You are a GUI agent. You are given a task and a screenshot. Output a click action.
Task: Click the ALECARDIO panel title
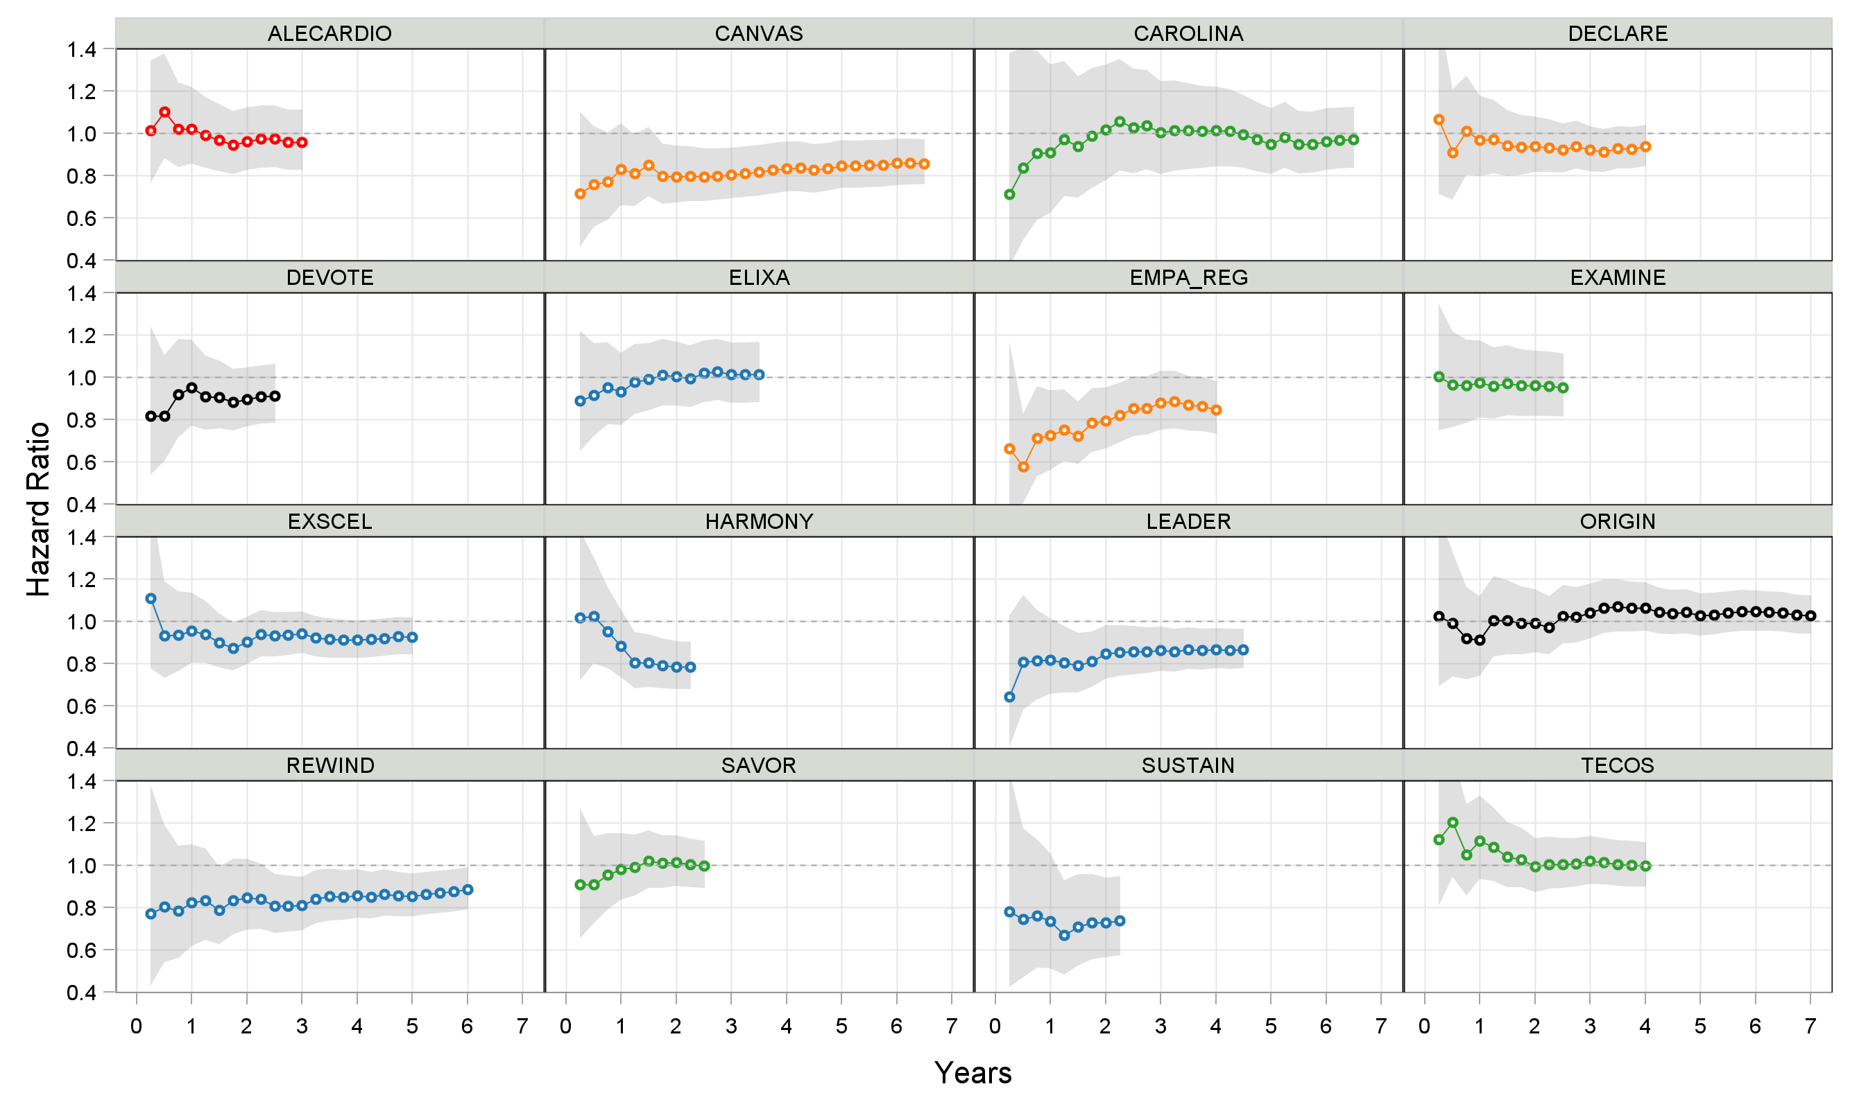point(329,34)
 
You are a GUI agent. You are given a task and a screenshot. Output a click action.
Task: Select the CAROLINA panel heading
point(1188,34)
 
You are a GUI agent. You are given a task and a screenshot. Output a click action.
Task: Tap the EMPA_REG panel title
point(1188,277)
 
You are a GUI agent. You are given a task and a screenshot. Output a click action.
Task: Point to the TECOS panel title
point(1617,765)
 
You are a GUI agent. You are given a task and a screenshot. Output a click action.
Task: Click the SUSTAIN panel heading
point(1188,765)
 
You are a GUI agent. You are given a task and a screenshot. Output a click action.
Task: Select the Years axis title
point(972,1072)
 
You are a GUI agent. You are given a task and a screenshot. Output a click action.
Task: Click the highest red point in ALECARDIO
point(164,112)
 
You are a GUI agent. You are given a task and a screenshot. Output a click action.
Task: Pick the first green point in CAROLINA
point(1009,194)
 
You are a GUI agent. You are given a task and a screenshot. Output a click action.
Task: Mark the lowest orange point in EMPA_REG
point(1023,466)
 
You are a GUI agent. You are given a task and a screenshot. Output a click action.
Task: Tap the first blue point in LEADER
point(1009,697)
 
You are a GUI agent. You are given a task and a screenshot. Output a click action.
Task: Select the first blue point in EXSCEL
point(151,598)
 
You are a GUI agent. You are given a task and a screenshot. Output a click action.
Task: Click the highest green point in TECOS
point(1452,822)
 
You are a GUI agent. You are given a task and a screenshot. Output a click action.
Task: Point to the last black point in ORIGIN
point(1810,615)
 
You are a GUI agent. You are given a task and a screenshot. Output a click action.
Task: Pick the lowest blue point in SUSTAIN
point(1064,935)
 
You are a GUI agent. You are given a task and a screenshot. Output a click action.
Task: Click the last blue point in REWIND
point(468,889)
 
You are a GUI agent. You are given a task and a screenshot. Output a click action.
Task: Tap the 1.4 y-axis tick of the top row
point(82,50)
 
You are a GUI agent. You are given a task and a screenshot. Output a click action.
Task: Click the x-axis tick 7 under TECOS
point(1810,1026)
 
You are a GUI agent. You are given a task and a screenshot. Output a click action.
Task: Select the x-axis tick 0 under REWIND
point(136,1026)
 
